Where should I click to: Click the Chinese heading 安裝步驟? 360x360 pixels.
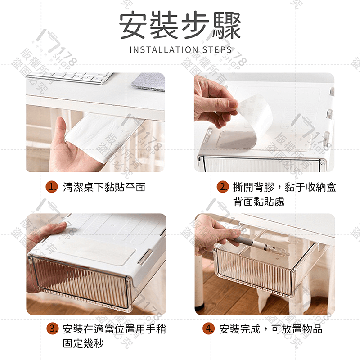(180, 26)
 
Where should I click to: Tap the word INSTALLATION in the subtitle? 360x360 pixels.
(164, 50)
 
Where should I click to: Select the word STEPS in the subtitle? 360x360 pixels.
(217, 50)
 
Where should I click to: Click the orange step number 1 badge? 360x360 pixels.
(52, 187)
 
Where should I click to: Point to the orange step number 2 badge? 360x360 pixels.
(222, 187)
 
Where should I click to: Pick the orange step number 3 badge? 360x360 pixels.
(53, 328)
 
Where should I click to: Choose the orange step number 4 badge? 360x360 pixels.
(209, 328)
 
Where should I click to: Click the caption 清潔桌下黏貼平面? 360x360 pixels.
(104, 187)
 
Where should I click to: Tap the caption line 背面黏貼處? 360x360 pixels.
(259, 202)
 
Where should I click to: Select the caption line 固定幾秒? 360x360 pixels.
(83, 343)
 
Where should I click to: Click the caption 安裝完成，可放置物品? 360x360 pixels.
(271, 329)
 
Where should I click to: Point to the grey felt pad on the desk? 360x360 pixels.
(149, 82)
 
